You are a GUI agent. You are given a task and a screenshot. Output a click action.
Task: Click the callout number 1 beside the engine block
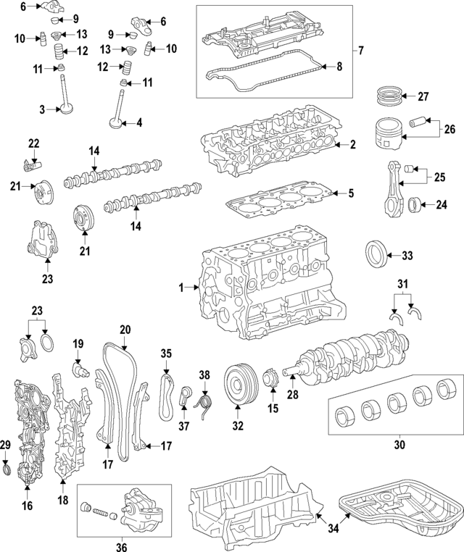(182, 288)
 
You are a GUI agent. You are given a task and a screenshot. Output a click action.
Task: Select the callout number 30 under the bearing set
(399, 444)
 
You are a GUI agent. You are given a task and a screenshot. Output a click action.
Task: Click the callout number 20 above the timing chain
(125, 330)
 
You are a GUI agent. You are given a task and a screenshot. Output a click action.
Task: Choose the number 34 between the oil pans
(333, 529)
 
